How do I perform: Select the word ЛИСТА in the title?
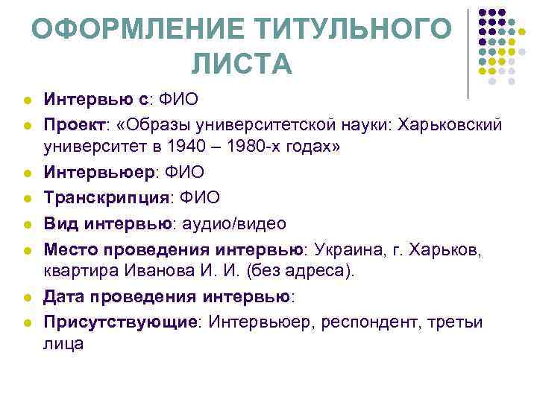point(242,65)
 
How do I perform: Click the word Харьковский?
point(447,122)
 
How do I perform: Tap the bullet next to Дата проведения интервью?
point(25,297)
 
